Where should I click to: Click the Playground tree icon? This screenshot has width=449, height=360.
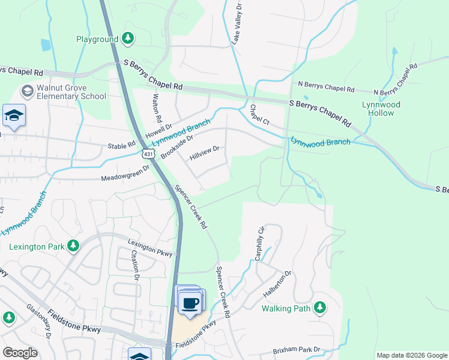point(127,39)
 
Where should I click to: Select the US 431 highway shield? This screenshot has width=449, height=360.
point(148,154)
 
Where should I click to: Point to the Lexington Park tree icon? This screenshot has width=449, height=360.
point(73,245)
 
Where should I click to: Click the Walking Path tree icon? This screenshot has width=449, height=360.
point(320,308)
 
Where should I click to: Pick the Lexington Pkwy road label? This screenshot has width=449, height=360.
point(150,247)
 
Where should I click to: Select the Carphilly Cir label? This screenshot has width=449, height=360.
point(259,242)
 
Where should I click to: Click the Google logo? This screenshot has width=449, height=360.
point(20,353)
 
